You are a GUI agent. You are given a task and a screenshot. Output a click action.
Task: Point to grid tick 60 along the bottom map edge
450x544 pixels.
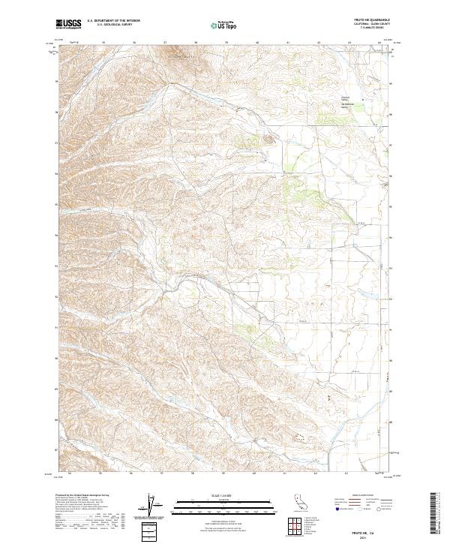coord(256,473)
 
